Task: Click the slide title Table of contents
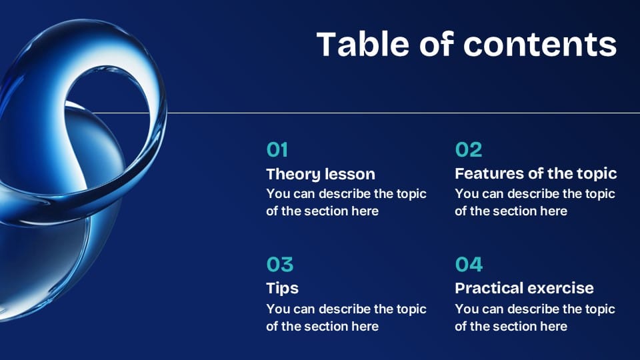click(x=466, y=44)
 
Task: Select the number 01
click(x=277, y=150)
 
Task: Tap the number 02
click(x=468, y=150)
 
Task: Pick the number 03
click(x=279, y=265)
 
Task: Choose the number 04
click(x=469, y=265)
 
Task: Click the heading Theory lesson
click(x=321, y=174)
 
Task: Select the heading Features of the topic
click(x=535, y=173)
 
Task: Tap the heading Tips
click(x=282, y=288)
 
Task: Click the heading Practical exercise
click(x=524, y=288)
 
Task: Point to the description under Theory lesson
click(x=346, y=203)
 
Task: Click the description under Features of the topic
click(x=535, y=203)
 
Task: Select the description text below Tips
click(x=346, y=317)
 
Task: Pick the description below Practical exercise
click(x=535, y=317)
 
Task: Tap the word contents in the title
click(x=540, y=44)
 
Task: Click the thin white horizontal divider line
click(x=400, y=113)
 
